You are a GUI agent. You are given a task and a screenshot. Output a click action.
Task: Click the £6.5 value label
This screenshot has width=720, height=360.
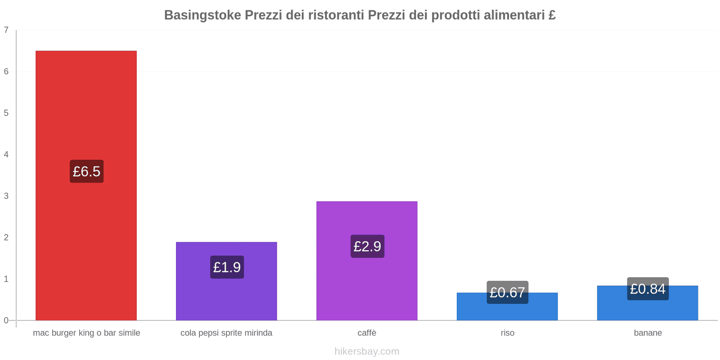[86, 171]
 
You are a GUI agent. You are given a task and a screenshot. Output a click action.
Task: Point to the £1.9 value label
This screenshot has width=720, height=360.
[227, 267]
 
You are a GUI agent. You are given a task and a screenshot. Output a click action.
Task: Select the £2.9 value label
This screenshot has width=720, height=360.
[367, 246]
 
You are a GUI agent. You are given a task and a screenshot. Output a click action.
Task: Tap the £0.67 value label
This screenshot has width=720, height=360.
[507, 292]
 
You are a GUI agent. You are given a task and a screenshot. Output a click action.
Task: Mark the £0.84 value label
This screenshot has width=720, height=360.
[648, 289]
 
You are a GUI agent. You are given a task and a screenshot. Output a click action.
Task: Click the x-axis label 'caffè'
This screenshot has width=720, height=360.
[367, 333]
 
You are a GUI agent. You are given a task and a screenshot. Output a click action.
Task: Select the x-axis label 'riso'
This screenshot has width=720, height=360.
[507, 333]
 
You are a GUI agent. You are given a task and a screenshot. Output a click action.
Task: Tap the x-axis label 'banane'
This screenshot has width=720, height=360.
[648, 333]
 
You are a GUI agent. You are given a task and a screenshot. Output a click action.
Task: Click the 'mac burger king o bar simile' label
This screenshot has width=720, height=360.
[86, 333]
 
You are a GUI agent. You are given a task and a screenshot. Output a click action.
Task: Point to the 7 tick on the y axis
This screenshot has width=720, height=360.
[6, 30]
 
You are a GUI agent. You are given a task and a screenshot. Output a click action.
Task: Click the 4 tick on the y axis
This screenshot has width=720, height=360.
[6, 154]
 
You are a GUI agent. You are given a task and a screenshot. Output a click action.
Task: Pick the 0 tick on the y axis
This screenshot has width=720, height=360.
[6, 320]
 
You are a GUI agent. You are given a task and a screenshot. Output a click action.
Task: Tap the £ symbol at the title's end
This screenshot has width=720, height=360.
[552, 15]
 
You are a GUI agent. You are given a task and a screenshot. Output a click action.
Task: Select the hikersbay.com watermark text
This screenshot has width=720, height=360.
[367, 351]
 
